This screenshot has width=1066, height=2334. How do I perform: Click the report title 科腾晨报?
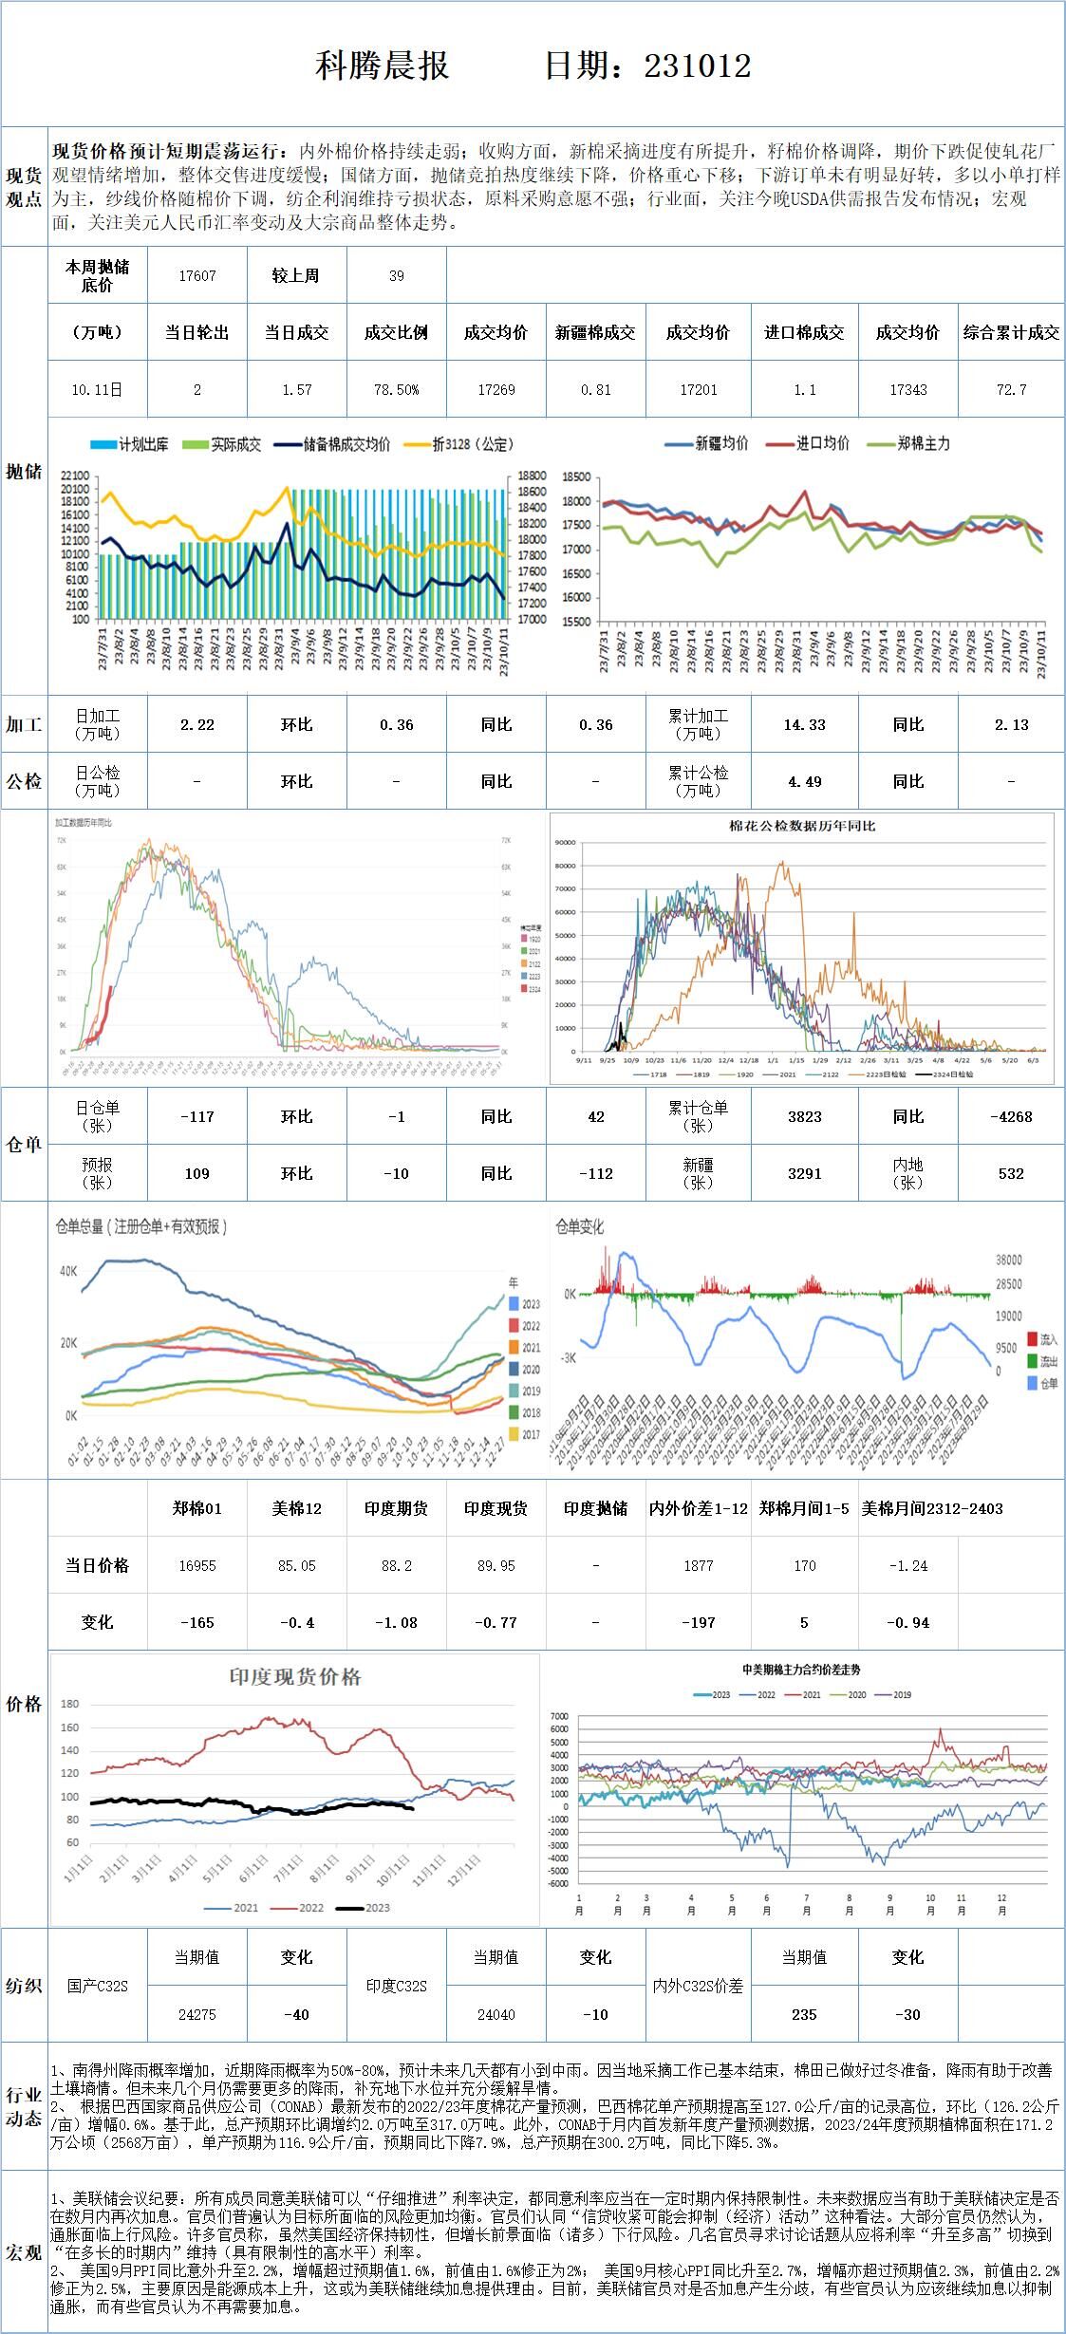click(x=382, y=65)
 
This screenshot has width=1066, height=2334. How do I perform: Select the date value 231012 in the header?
click(x=698, y=65)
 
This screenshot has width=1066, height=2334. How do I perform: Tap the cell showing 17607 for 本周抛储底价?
click(x=197, y=275)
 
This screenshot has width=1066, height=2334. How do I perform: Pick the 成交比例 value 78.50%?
click(x=396, y=389)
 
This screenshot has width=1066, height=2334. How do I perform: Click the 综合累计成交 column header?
click(x=1011, y=332)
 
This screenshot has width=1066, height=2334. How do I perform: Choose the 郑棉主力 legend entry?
click(x=923, y=443)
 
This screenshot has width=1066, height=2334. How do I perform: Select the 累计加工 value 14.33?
click(x=804, y=724)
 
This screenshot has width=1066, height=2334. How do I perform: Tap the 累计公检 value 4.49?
click(x=804, y=781)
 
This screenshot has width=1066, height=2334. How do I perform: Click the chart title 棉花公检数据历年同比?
click(x=802, y=826)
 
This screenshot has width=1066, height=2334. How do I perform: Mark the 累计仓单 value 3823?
click(x=804, y=1116)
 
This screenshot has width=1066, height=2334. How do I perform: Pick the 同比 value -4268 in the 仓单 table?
click(x=1011, y=1116)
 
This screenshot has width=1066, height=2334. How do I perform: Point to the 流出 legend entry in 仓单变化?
click(x=1048, y=1361)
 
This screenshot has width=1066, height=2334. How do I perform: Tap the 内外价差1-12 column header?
click(x=699, y=1508)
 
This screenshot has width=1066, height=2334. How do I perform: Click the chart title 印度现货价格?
click(x=295, y=1676)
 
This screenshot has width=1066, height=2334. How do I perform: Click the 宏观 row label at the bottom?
click(x=24, y=2252)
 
